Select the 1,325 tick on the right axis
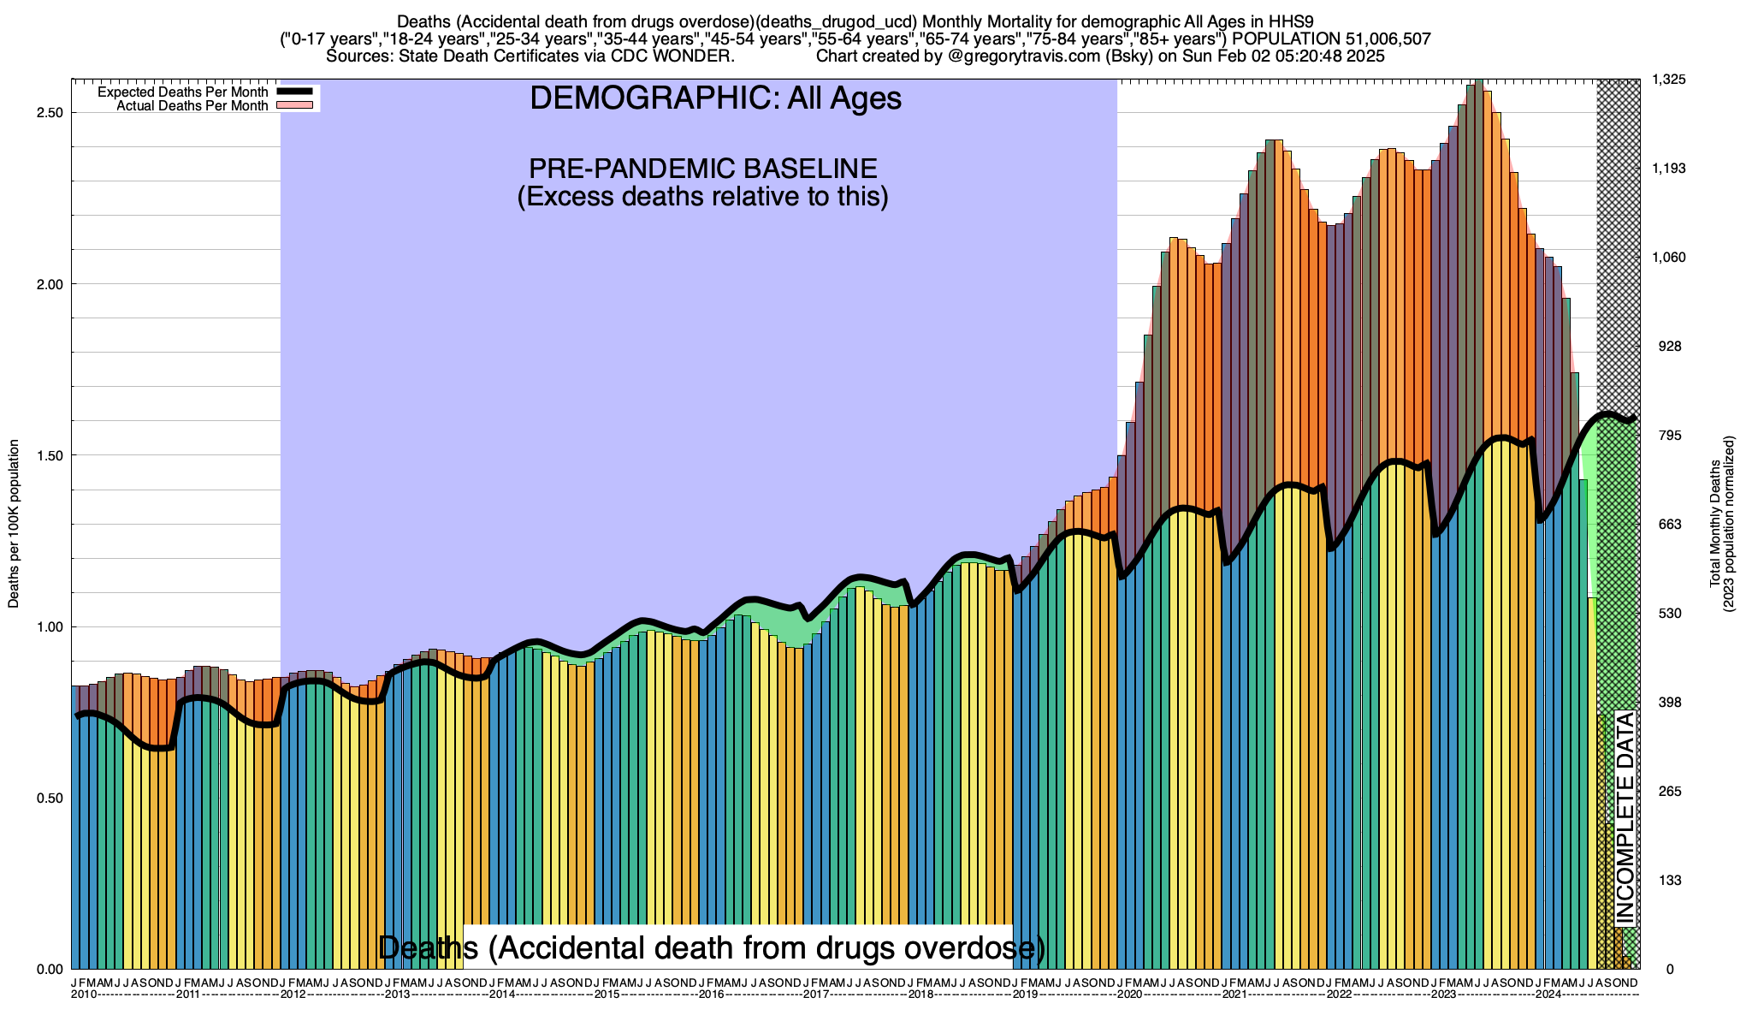pos(1668,80)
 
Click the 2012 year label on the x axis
pos(293,994)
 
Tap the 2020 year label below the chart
pos(1129,994)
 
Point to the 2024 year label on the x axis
pos(1548,994)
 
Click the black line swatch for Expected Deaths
pos(294,92)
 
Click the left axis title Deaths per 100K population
pos(15,524)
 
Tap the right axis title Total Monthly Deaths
pos(1714,524)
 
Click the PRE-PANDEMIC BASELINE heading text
pos(702,168)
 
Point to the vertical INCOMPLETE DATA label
pos(1625,818)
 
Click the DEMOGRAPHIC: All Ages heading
pos(715,98)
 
